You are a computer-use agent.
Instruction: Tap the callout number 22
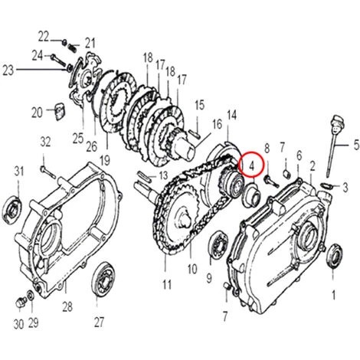pos(44,35)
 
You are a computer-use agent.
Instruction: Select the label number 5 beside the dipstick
pos(355,143)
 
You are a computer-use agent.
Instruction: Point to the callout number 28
pos(67,307)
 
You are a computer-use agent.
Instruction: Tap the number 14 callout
pos(231,114)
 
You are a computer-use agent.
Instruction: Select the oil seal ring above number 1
pos(335,254)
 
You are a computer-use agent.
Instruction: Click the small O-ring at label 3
pos(328,185)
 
